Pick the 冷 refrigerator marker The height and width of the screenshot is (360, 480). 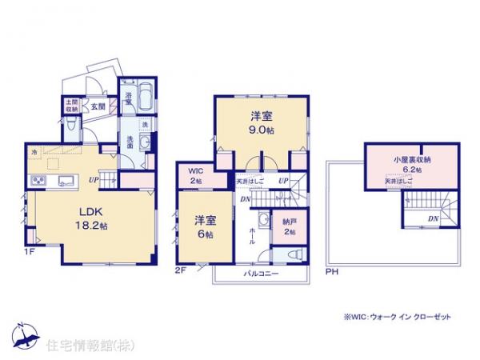[34, 151]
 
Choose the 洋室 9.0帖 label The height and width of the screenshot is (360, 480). [262, 122]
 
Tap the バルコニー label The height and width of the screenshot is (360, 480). [261, 274]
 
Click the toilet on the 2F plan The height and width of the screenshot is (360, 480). [293, 254]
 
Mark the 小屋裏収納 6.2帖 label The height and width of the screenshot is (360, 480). [412, 165]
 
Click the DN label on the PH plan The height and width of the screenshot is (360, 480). [431, 217]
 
